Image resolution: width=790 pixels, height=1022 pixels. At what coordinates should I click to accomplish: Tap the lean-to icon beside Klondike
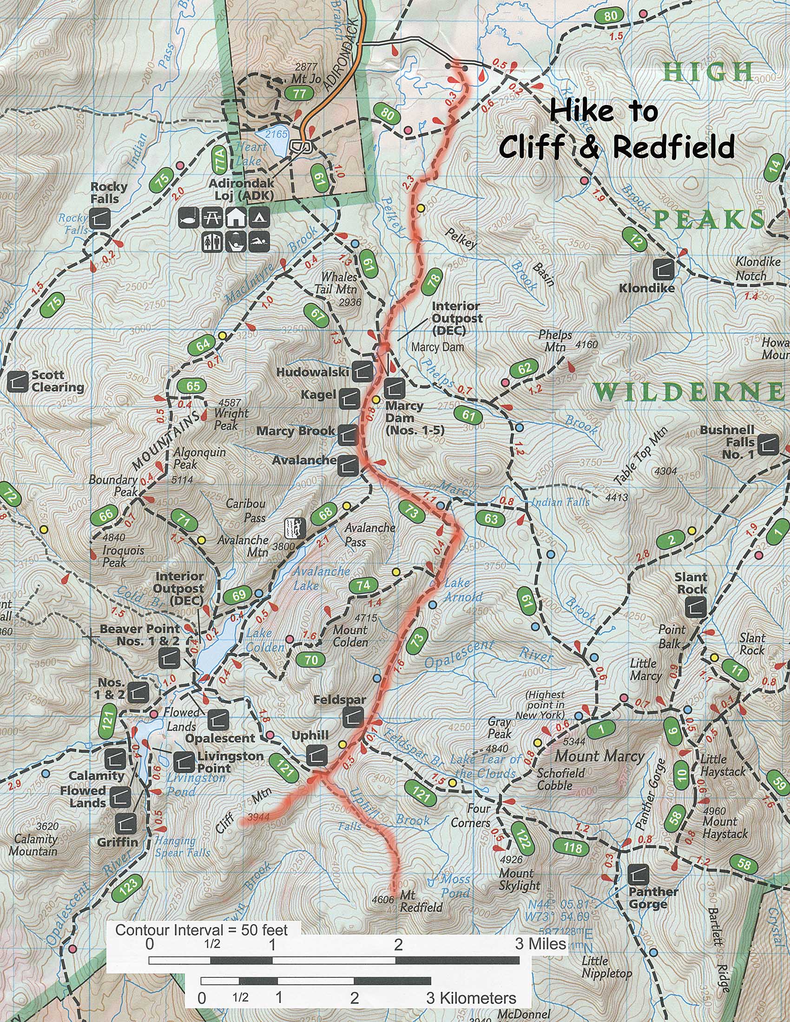coord(665,269)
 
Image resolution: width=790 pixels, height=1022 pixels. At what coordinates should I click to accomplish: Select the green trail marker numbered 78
coord(434,280)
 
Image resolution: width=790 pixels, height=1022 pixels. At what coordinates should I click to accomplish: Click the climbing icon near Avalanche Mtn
coord(296,527)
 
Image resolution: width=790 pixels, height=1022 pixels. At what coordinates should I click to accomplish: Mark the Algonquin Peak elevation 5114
coord(183,480)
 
